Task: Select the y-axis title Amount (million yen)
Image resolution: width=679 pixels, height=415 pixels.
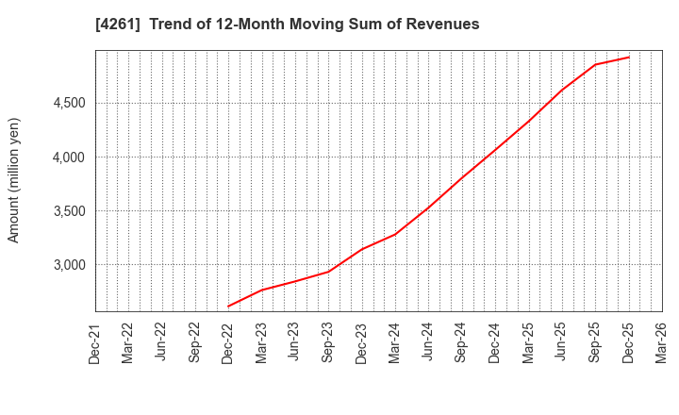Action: (13, 180)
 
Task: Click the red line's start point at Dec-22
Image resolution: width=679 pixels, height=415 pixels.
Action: (228, 306)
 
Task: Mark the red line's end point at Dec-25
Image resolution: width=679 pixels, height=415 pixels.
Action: (628, 57)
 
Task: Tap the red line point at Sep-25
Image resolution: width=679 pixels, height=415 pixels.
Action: (595, 64)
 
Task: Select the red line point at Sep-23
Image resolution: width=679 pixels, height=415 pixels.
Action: (328, 272)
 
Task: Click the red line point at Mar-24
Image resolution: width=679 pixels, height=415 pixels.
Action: (395, 234)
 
